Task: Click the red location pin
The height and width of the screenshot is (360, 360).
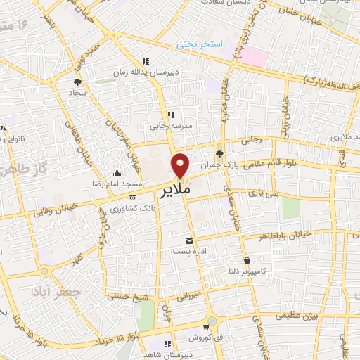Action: point(181,165)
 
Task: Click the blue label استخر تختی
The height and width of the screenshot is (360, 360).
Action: point(200,45)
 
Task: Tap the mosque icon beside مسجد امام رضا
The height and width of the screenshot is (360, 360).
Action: point(115,174)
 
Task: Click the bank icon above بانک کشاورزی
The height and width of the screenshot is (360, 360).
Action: point(132,198)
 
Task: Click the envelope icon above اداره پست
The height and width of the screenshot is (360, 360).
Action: point(188,240)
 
